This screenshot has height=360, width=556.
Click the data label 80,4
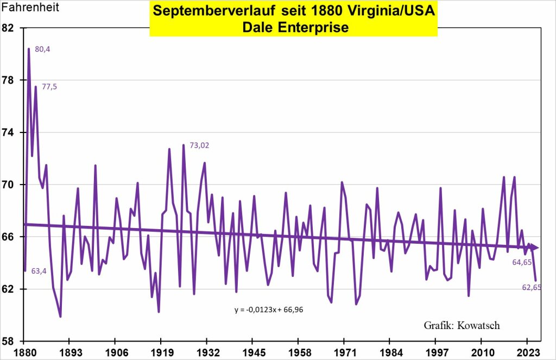pyautogui.click(x=42, y=49)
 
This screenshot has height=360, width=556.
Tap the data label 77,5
pyautogui.click(x=49, y=86)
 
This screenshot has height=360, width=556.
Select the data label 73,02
pyautogui.click(x=199, y=145)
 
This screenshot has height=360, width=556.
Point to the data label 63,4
pyautogui.click(x=39, y=271)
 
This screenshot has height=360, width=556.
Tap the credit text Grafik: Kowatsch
pyautogui.click(x=462, y=325)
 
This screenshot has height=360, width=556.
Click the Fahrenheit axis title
pyautogui.click(x=30, y=8)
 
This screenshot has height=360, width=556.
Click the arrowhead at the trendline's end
pyautogui.click(x=535, y=248)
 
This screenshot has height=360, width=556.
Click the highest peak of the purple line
pyautogui.click(x=29, y=49)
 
